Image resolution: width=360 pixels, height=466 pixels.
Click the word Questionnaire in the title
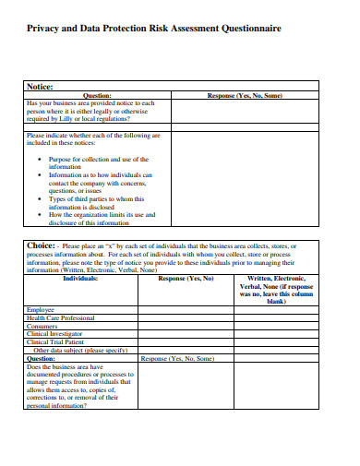pos(248,30)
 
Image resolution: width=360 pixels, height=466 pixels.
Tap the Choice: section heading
pos(42,245)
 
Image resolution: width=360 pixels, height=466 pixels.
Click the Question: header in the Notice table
pos(97,95)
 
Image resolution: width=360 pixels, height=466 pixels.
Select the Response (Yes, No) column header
pos(186,277)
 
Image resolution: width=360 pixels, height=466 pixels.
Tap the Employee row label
pos(41,309)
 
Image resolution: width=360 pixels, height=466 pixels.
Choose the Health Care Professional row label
pos(66,317)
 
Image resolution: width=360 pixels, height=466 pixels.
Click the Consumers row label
pos(43,326)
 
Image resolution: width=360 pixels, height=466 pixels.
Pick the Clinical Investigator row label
pos(60,334)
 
